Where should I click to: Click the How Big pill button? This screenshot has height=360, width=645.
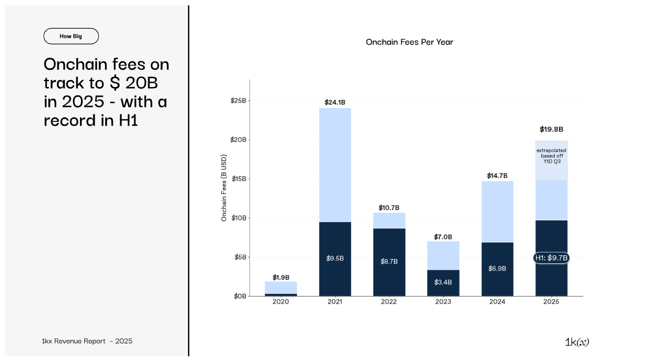(x=71, y=36)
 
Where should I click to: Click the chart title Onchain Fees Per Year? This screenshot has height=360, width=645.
(x=409, y=42)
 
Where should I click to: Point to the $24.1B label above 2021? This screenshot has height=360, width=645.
(x=335, y=102)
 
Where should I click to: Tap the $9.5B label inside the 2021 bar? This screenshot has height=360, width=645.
(x=335, y=258)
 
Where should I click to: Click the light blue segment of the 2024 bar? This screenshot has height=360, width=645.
(x=497, y=212)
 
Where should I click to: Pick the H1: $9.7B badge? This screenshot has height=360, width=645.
(x=551, y=258)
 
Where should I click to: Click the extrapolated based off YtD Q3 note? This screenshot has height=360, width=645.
(x=551, y=156)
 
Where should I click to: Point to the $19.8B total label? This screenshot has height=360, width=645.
(x=551, y=129)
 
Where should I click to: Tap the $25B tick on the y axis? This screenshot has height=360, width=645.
(x=238, y=100)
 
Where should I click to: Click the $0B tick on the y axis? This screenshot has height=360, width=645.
(x=240, y=296)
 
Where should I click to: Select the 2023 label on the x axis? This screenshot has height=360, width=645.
(x=443, y=302)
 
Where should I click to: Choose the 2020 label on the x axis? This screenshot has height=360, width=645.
(x=280, y=302)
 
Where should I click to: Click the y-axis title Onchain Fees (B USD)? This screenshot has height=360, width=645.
(x=224, y=188)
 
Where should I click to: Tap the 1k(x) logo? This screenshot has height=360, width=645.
(x=577, y=342)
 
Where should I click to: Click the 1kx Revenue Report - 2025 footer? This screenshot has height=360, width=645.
(x=87, y=341)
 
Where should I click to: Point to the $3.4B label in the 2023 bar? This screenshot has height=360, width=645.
(x=443, y=282)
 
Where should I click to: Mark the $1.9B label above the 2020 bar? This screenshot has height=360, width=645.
(x=280, y=278)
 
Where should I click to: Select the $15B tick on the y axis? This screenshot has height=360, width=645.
(x=238, y=178)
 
